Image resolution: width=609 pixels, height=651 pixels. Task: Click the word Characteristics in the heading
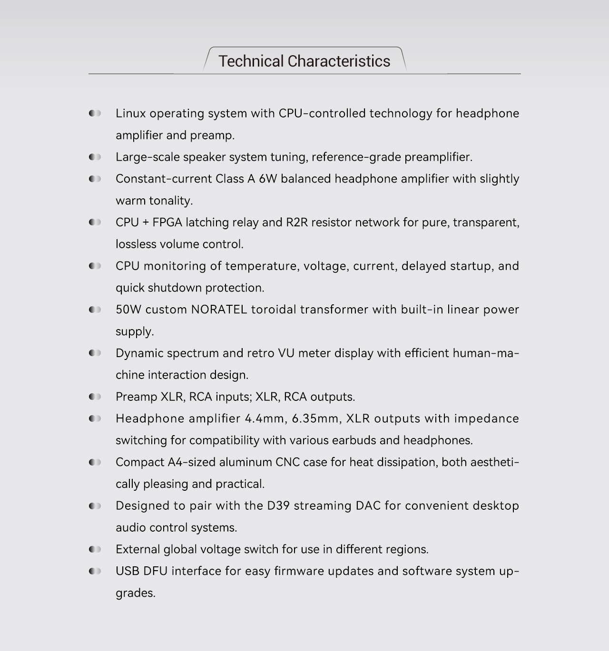point(339,61)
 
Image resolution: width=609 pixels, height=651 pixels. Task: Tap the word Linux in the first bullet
point(130,114)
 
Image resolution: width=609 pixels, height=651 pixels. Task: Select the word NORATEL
point(219,310)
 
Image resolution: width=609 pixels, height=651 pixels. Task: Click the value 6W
point(267,179)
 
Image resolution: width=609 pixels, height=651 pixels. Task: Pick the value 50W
point(128,310)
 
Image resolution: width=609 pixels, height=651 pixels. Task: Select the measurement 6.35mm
point(315,418)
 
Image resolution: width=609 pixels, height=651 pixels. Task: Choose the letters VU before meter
point(286,353)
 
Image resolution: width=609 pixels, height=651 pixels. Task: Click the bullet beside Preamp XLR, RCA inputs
point(95,397)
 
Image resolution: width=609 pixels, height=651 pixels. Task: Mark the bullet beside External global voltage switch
point(95,549)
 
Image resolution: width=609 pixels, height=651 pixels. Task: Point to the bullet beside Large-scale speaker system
point(95,157)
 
